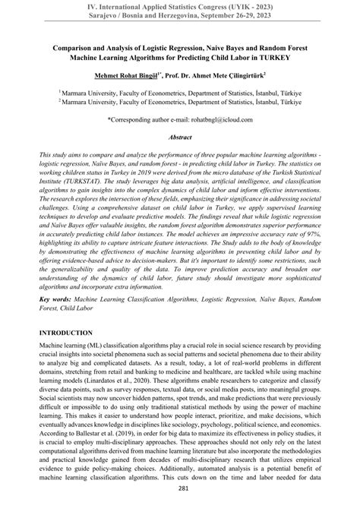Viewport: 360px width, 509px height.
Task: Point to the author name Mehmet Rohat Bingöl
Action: (x=125, y=76)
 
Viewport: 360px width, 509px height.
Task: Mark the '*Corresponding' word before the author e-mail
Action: (x=131, y=119)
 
